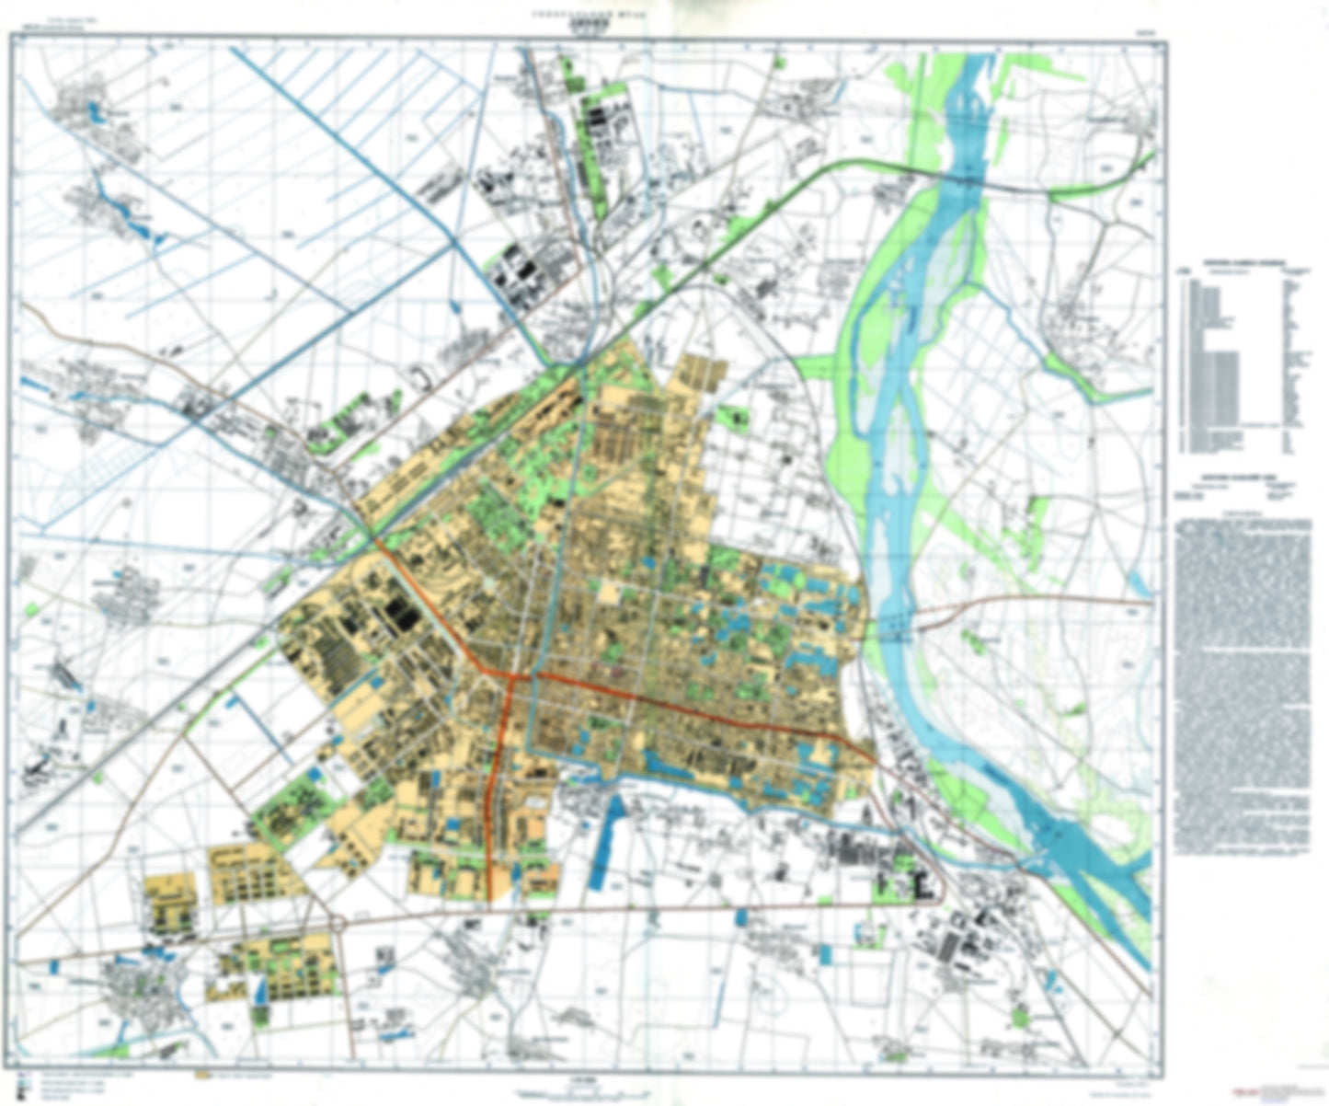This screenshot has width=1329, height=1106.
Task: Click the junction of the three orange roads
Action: pos(509,676)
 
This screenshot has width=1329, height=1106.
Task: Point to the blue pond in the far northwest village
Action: pos(93,114)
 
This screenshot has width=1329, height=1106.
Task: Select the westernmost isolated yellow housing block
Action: pos(171,906)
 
